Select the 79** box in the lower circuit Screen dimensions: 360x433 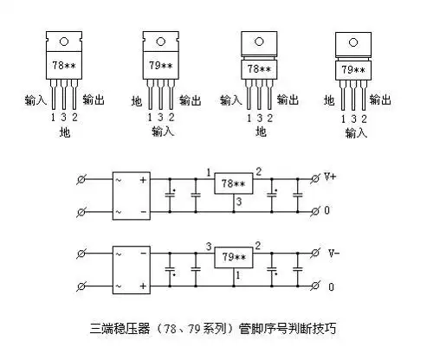coord(233,257)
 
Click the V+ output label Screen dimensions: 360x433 coord(330,177)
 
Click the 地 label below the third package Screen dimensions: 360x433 coord(260,132)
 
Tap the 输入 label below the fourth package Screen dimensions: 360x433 coord(355,132)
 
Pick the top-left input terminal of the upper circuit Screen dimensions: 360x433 coord(82,178)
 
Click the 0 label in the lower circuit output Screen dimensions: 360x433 coord(328,286)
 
